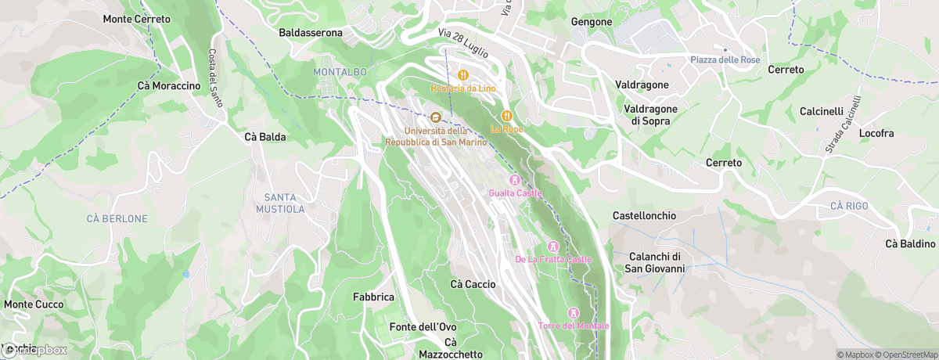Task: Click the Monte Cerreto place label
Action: point(136,19)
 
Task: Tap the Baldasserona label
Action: point(311,33)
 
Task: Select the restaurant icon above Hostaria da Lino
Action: point(462,75)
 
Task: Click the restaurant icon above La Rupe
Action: point(506,116)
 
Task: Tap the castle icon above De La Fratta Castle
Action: point(553,247)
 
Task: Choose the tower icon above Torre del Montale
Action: point(573,313)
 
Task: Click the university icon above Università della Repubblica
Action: point(436,117)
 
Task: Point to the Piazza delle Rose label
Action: point(725,60)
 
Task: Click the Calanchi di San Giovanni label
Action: point(654,263)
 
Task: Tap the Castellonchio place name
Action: point(643,215)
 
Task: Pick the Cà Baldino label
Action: point(910,243)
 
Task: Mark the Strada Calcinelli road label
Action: point(843,124)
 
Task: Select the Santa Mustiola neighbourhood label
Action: point(279,203)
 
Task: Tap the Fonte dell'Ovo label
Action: point(423,326)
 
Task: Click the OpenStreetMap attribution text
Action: point(901,355)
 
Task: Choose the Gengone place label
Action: point(592,22)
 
